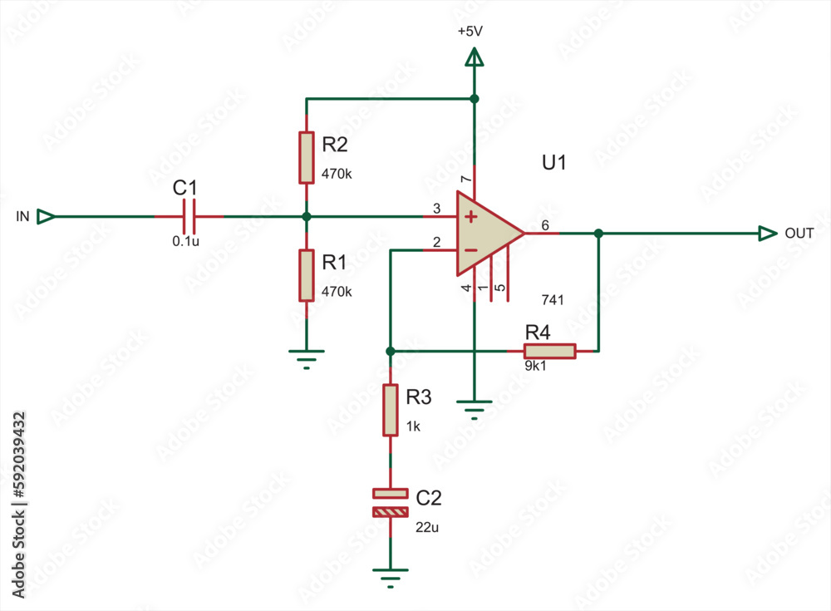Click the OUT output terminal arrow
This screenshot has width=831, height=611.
767,234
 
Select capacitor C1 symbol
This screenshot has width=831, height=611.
189,216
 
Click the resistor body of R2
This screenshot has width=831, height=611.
307,157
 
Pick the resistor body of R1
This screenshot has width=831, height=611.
307,275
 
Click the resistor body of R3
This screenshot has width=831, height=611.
390,410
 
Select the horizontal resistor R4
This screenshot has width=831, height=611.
549,351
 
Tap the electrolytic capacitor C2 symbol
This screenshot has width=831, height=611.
390,503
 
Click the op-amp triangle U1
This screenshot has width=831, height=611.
487,234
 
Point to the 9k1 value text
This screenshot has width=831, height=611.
536,366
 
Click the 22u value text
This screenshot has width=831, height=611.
426,527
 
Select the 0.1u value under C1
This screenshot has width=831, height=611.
184,242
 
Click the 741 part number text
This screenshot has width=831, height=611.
553,299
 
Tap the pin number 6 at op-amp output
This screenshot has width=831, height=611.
545,225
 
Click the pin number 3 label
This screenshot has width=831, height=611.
435,209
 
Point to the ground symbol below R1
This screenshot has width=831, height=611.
307,357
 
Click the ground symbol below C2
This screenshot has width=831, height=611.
390,576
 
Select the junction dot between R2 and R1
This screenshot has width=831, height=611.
307,216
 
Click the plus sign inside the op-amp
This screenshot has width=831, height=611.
470,218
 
